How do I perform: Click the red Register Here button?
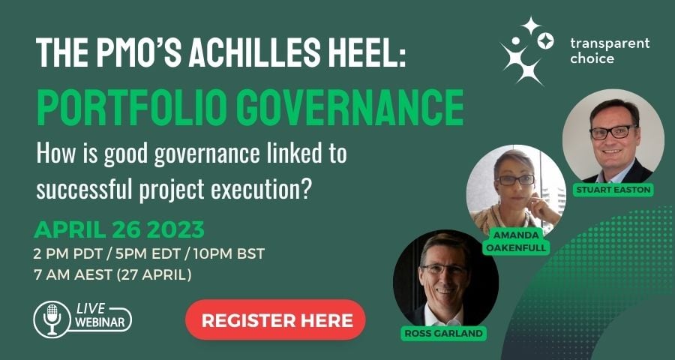pos(275,320)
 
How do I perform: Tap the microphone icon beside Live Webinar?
pos(52,319)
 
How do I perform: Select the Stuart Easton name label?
pos(613,190)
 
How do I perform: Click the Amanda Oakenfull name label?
pos(516,241)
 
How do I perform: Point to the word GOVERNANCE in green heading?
pos(349,106)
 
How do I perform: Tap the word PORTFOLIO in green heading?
pos(133,106)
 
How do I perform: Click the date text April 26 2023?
pos(118,230)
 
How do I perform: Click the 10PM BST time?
pos(229,254)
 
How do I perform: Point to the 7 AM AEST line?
pos(112,274)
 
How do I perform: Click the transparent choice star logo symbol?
pos(526,51)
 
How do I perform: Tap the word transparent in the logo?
pos(610,43)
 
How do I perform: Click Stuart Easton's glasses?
pos(613,132)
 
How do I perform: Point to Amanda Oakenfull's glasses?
pos(516,179)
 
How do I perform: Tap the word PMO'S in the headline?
pos(138,53)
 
